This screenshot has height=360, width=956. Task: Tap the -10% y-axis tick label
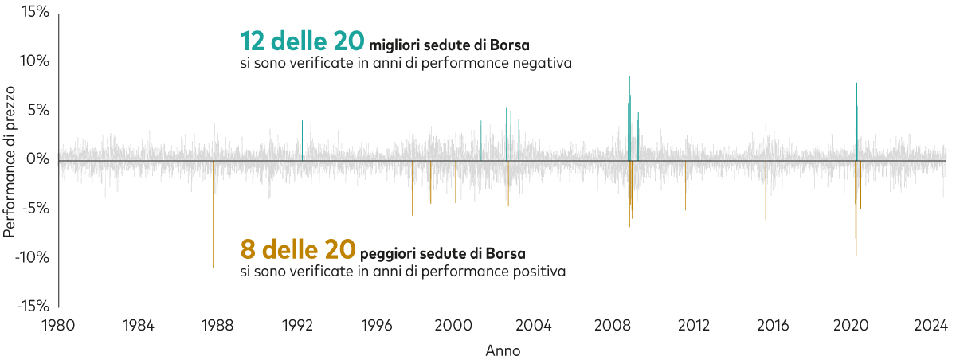pyautogui.click(x=33, y=258)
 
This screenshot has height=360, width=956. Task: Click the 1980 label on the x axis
pyautogui.click(x=59, y=325)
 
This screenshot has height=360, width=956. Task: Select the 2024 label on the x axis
pyautogui.click(x=931, y=325)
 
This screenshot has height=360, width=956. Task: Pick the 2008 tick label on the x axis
pyautogui.click(x=613, y=325)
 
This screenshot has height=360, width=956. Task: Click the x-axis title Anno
pyautogui.click(x=503, y=350)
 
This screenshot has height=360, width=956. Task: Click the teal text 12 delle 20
pyautogui.click(x=302, y=41)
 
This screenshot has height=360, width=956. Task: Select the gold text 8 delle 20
pyautogui.click(x=297, y=250)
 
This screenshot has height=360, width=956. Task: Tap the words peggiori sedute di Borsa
pyautogui.click(x=442, y=254)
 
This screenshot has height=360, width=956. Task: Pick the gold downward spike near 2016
pyautogui.click(x=766, y=199)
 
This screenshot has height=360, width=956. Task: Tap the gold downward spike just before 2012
pyautogui.click(x=685, y=191)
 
